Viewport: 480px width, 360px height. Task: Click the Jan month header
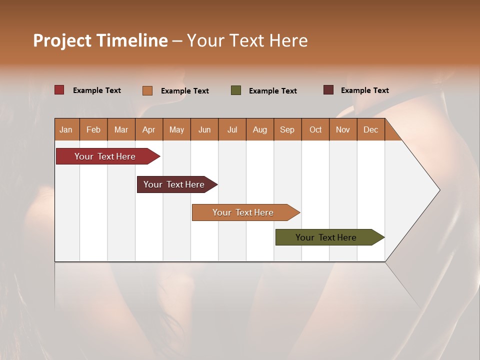click(x=66, y=129)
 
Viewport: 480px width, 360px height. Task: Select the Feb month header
click(x=93, y=129)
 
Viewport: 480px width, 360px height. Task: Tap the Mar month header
click(x=121, y=129)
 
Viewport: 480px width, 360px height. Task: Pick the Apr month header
click(x=149, y=129)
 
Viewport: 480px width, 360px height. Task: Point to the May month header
click(x=176, y=129)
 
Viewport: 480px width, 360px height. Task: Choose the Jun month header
click(x=204, y=129)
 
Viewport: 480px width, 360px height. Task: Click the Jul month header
click(x=232, y=129)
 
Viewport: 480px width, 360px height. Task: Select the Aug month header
click(x=260, y=129)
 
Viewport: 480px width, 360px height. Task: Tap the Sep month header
click(x=287, y=129)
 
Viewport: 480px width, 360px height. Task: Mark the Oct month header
click(x=315, y=129)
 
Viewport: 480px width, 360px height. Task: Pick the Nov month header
click(x=343, y=129)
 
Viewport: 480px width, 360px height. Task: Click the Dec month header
click(x=371, y=129)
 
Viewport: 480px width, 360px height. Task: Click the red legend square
click(x=59, y=90)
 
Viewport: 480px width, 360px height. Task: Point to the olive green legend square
click(x=236, y=90)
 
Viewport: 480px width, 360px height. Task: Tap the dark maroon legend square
click(x=328, y=90)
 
